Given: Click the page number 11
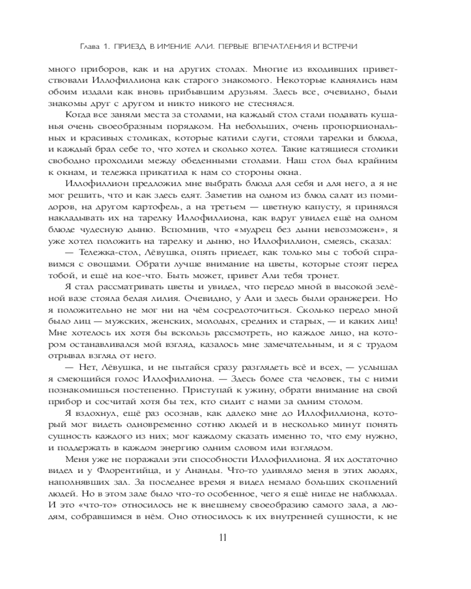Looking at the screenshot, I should tap(223, 537).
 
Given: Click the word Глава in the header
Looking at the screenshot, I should tap(89, 45).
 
